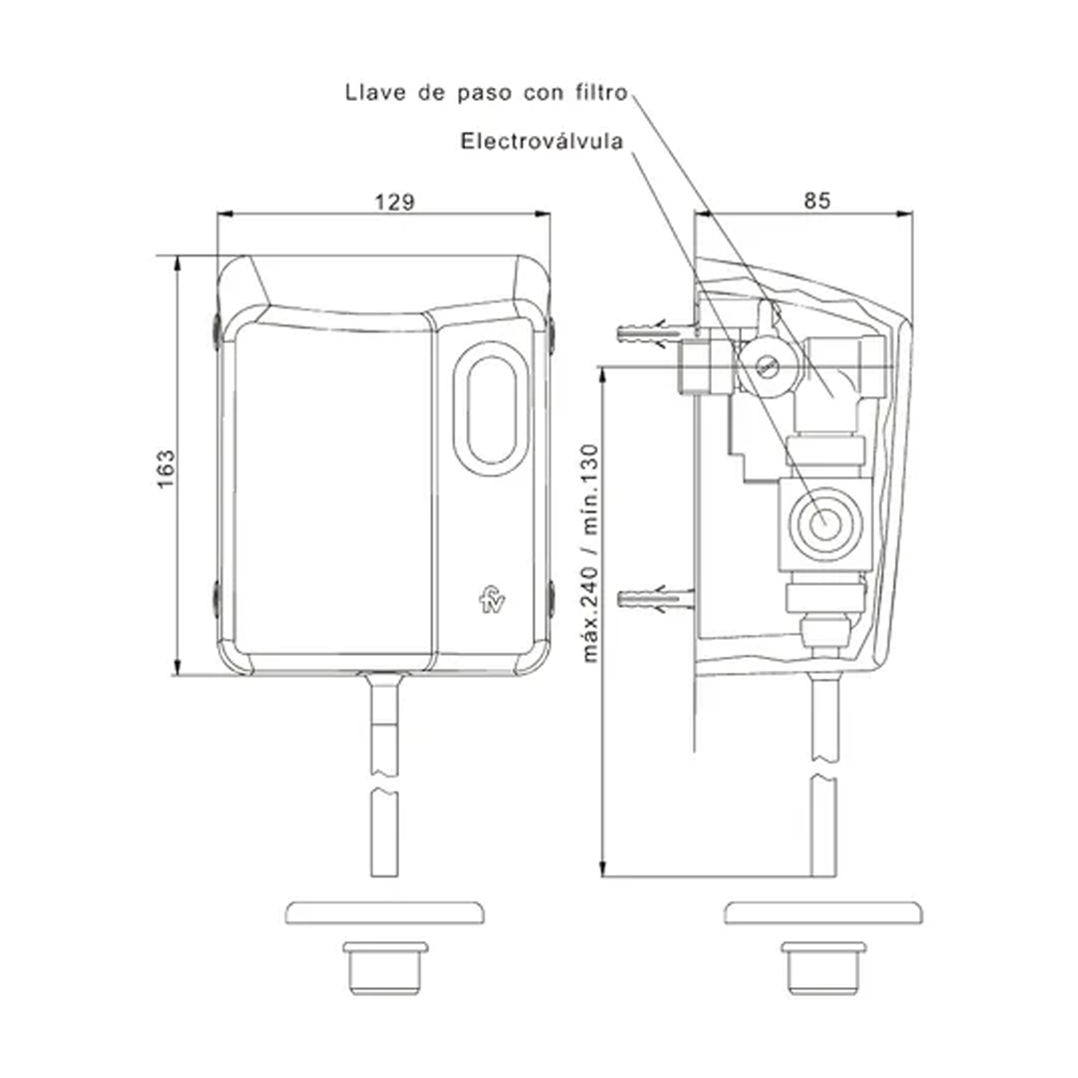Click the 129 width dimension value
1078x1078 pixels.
click(394, 202)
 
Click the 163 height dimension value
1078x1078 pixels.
click(167, 469)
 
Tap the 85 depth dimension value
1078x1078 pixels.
click(816, 201)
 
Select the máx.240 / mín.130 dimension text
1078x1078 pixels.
click(590, 553)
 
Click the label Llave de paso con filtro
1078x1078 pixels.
click(487, 92)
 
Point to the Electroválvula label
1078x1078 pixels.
click(542, 142)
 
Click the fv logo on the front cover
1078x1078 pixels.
click(492, 600)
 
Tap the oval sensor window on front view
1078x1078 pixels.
click(491, 410)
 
